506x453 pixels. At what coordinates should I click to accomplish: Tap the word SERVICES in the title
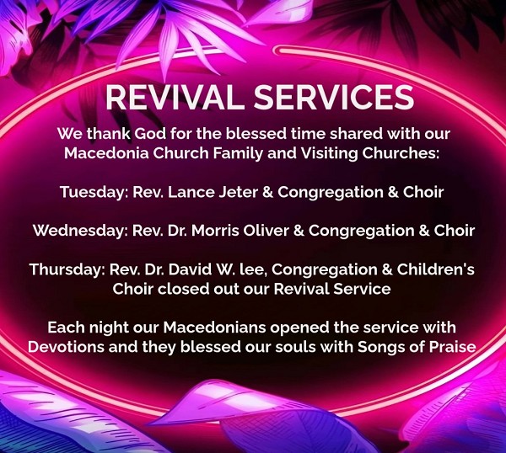pyautogui.click(x=334, y=98)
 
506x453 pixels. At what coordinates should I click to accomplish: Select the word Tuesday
pyautogui.click(x=92, y=193)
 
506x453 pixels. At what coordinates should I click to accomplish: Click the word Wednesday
pyautogui.click(x=78, y=231)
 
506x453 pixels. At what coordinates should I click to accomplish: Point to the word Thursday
pyautogui.click(x=66, y=269)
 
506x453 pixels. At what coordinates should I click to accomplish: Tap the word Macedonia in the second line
pyautogui.click(x=106, y=153)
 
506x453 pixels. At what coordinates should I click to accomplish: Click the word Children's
pyautogui.click(x=436, y=269)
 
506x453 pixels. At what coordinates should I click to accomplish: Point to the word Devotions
pyautogui.click(x=66, y=347)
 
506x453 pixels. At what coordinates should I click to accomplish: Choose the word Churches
pyautogui.click(x=401, y=153)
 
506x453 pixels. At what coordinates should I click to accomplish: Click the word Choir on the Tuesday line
pyautogui.click(x=423, y=192)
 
